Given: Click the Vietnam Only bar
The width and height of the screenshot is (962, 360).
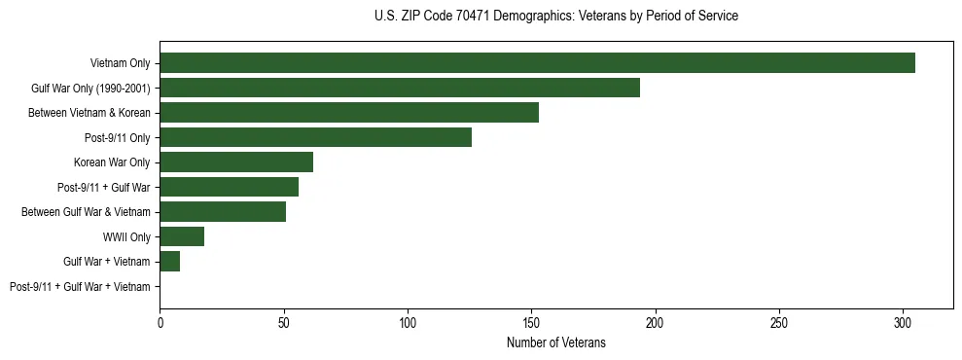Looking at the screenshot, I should (x=537, y=63).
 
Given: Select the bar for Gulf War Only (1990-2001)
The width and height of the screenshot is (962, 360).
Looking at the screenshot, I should (x=400, y=88).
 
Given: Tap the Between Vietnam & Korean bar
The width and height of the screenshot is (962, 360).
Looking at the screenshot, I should (x=349, y=113).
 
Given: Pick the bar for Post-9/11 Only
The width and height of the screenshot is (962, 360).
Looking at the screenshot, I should (x=315, y=137).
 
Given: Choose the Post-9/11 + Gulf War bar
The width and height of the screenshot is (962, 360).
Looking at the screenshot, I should (x=229, y=187).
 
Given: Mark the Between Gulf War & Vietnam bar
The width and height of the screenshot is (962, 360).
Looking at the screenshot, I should (x=223, y=212).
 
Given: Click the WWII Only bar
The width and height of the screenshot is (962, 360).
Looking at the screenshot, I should (x=182, y=236).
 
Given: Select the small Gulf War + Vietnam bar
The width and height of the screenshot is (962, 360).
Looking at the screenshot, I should (x=170, y=262).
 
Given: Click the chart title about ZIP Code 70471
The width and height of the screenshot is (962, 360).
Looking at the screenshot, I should (x=555, y=17).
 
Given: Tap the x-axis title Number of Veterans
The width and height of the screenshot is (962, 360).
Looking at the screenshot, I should (x=555, y=342).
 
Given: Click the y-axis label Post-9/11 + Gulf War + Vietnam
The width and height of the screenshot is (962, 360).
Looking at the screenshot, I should (x=80, y=287).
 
